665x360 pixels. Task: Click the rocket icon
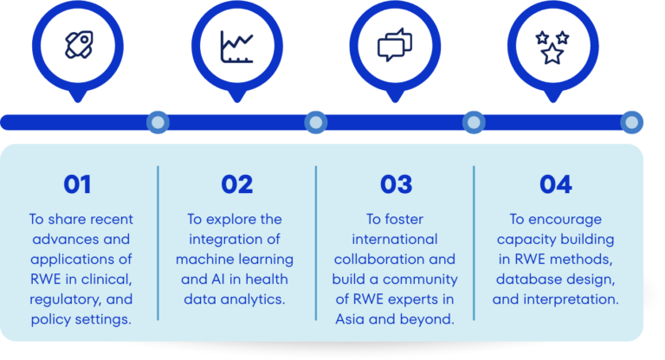79,45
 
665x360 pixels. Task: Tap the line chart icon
236,47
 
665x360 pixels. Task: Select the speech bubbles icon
395,45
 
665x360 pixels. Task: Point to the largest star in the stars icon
552,54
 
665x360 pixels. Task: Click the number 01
77,184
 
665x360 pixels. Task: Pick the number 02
236,184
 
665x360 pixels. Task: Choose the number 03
396,184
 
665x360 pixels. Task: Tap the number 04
556,184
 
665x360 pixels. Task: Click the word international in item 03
395,239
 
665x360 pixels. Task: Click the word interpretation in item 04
571,299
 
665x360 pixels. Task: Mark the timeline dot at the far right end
631,123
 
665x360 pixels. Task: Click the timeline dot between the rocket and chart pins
158,123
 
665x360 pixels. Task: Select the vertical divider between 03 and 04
474,243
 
